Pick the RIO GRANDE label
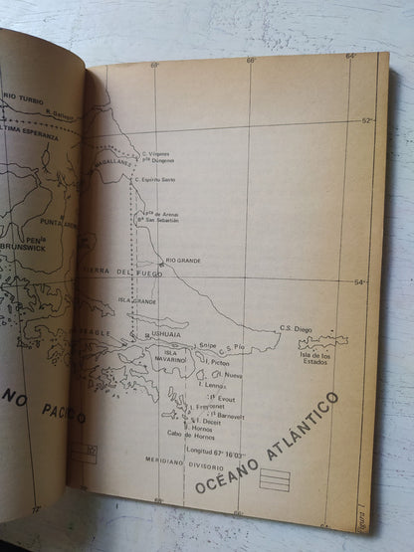(184, 260)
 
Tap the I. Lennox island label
(212, 383)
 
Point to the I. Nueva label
(231, 374)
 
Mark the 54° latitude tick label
(362, 282)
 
